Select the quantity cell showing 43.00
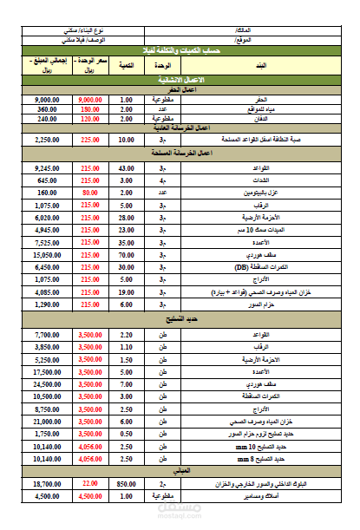coord(127,167)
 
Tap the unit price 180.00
coord(90,109)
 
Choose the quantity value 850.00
coord(127,483)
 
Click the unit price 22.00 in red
coord(90,483)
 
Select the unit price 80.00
coord(90,193)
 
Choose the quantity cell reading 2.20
coord(127,334)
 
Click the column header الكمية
coord(127,65)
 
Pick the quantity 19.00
coord(127,293)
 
